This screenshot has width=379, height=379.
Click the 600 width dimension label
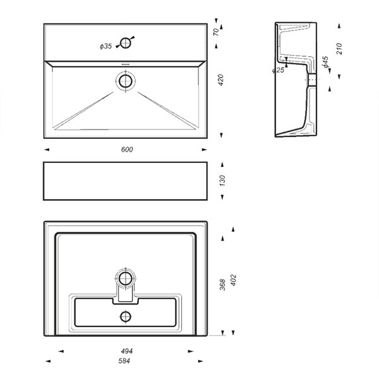(127, 150)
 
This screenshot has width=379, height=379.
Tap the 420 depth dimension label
(220, 80)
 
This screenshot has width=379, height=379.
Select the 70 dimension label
(216, 32)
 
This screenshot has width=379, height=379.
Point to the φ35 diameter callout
(106, 46)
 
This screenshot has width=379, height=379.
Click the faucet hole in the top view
(126, 43)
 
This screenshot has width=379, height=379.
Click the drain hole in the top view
(126, 81)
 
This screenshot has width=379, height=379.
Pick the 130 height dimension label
(222, 181)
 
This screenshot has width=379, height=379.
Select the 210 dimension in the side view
(339, 49)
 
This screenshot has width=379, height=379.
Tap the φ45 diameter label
(325, 62)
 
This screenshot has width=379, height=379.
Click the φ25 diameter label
(278, 70)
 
